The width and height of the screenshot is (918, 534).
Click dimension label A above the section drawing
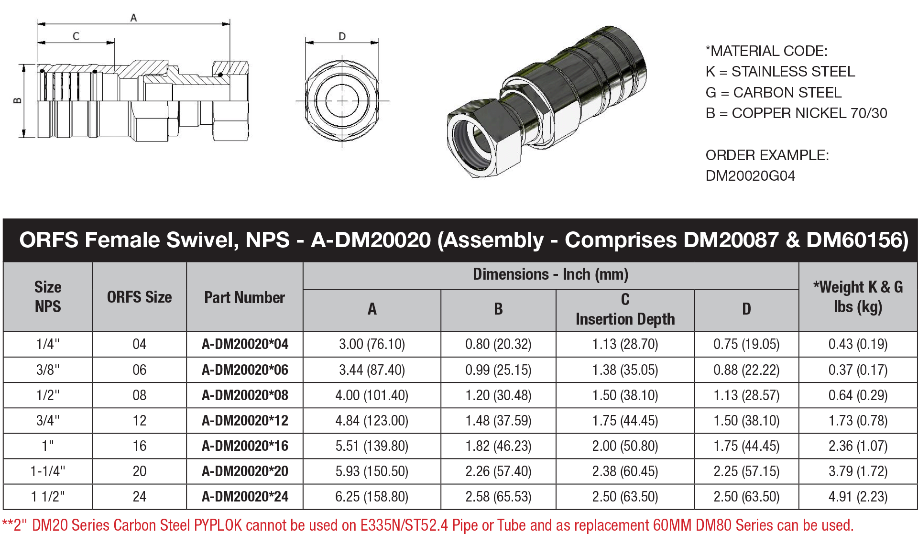[133, 18]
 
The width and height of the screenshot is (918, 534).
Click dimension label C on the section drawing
[76, 36]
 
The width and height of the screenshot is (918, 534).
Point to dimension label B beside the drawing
[17, 100]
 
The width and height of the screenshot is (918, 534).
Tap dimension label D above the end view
[342, 36]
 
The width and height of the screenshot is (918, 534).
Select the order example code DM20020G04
[750, 176]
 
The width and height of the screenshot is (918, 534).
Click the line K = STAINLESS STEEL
[780, 72]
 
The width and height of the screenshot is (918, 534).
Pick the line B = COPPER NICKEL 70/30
[796, 113]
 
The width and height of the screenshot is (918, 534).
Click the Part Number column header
[244, 297]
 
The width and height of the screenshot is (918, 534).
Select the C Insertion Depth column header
[625, 310]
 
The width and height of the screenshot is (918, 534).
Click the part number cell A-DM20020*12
[245, 421]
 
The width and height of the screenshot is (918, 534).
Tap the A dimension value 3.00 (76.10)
[372, 344]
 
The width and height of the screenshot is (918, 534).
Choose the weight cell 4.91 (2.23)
[858, 497]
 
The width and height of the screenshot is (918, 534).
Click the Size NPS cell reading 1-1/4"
[48, 471]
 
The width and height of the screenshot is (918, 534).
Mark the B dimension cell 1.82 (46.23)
[498, 446]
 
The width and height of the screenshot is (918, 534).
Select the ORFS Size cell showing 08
[139, 395]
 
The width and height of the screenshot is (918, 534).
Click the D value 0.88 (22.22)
[746, 370]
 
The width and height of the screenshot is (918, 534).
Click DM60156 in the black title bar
[857, 240]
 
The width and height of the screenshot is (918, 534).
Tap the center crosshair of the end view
[342, 101]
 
